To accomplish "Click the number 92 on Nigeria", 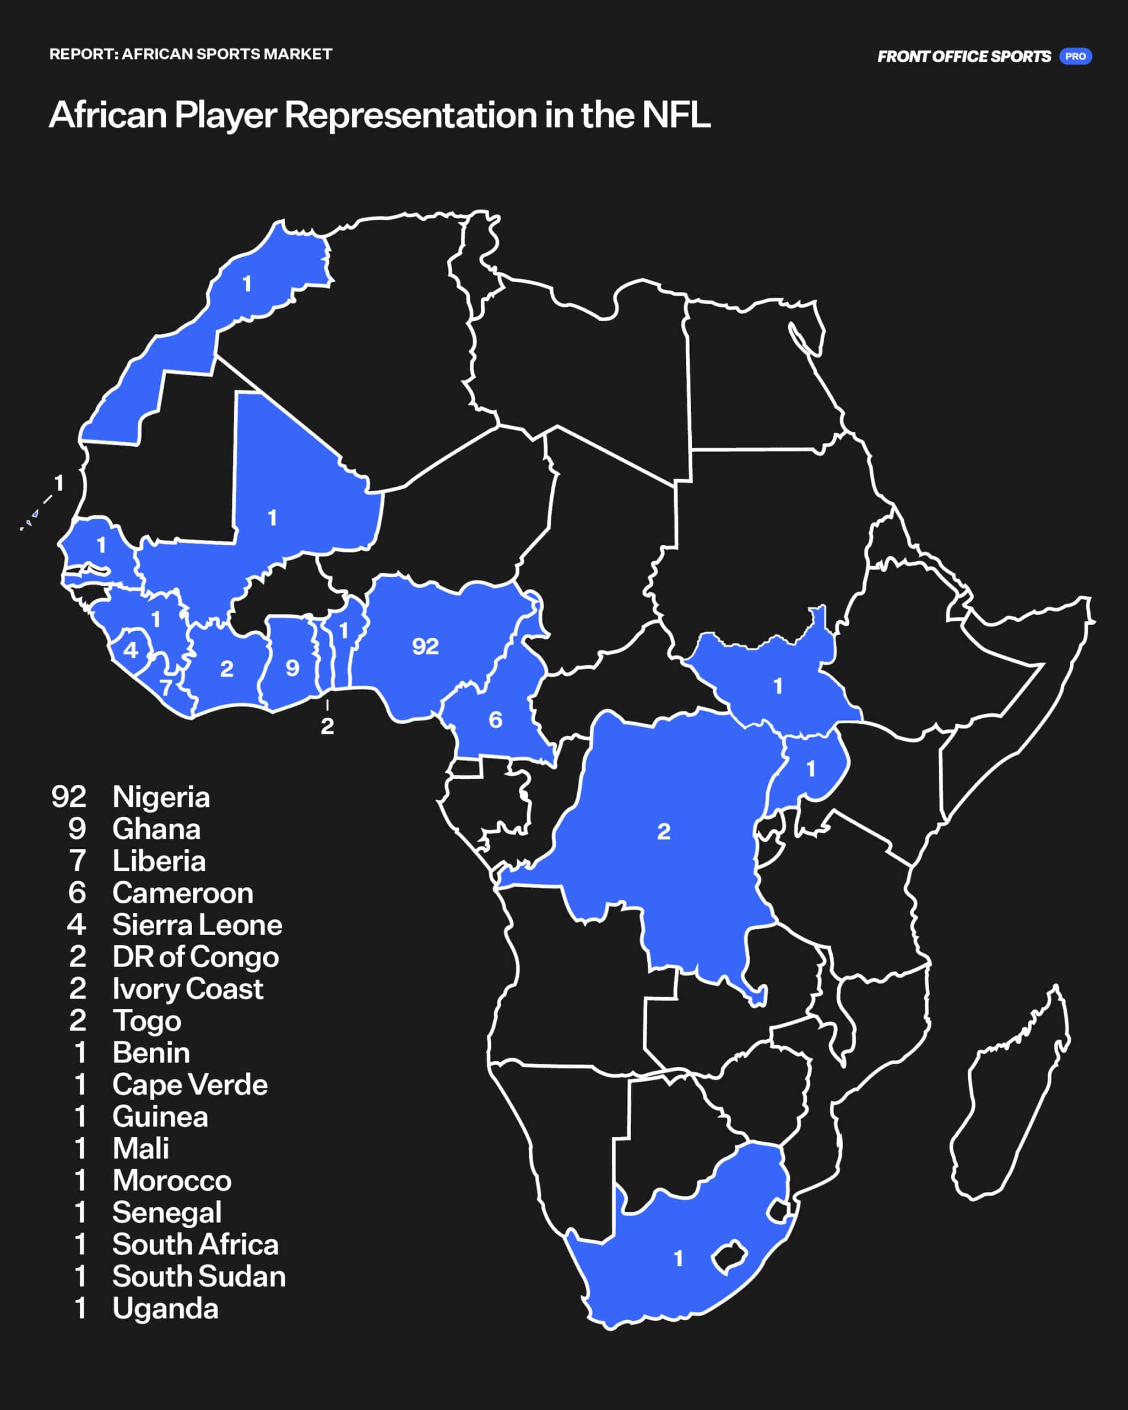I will pyautogui.click(x=425, y=647).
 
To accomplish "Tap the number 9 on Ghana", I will pyautogui.click(x=292, y=668).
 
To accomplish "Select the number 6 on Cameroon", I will pyautogui.click(x=496, y=720).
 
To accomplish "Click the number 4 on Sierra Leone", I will pyautogui.click(x=131, y=650).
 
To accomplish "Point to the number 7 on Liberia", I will pyautogui.click(x=166, y=687).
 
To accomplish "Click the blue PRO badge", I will pyautogui.click(x=1075, y=56).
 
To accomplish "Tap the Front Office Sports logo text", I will pyautogui.click(x=964, y=57).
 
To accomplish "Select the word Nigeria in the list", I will pyautogui.click(x=161, y=797).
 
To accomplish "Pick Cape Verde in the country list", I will pyautogui.click(x=189, y=1085).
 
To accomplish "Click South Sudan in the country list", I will pyautogui.click(x=199, y=1277).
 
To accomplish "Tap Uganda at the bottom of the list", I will pyautogui.click(x=165, y=1309).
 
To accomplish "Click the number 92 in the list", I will pyautogui.click(x=69, y=797).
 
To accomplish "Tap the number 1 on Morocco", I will pyautogui.click(x=247, y=284).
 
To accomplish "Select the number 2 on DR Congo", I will pyautogui.click(x=664, y=832).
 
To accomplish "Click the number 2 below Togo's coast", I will pyautogui.click(x=327, y=726).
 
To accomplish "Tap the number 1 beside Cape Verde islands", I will pyautogui.click(x=59, y=483).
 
